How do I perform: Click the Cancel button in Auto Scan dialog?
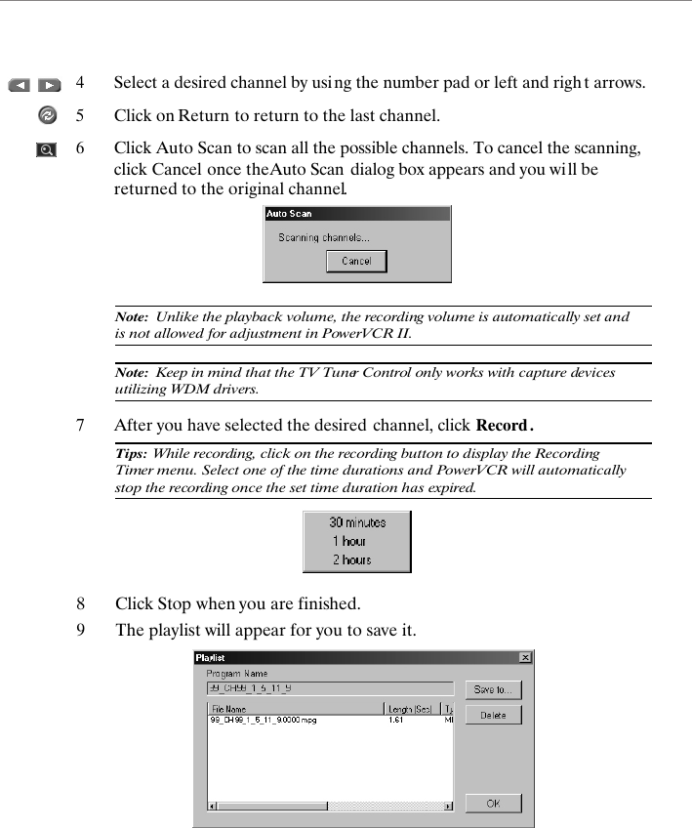point(356,262)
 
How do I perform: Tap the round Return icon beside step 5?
point(47,115)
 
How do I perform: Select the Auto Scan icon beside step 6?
point(46,149)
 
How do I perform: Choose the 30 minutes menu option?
point(356,522)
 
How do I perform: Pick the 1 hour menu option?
point(348,541)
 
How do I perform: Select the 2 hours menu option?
point(351,559)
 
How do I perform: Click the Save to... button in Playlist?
point(493,689)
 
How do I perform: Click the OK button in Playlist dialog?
point(493,803)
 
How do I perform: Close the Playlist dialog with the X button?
point(525,658)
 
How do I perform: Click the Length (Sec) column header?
point(410,709)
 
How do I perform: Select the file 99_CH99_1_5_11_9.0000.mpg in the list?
point(264,721)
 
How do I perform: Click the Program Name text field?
point(329,688)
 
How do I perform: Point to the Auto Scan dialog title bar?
point(356,213)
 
